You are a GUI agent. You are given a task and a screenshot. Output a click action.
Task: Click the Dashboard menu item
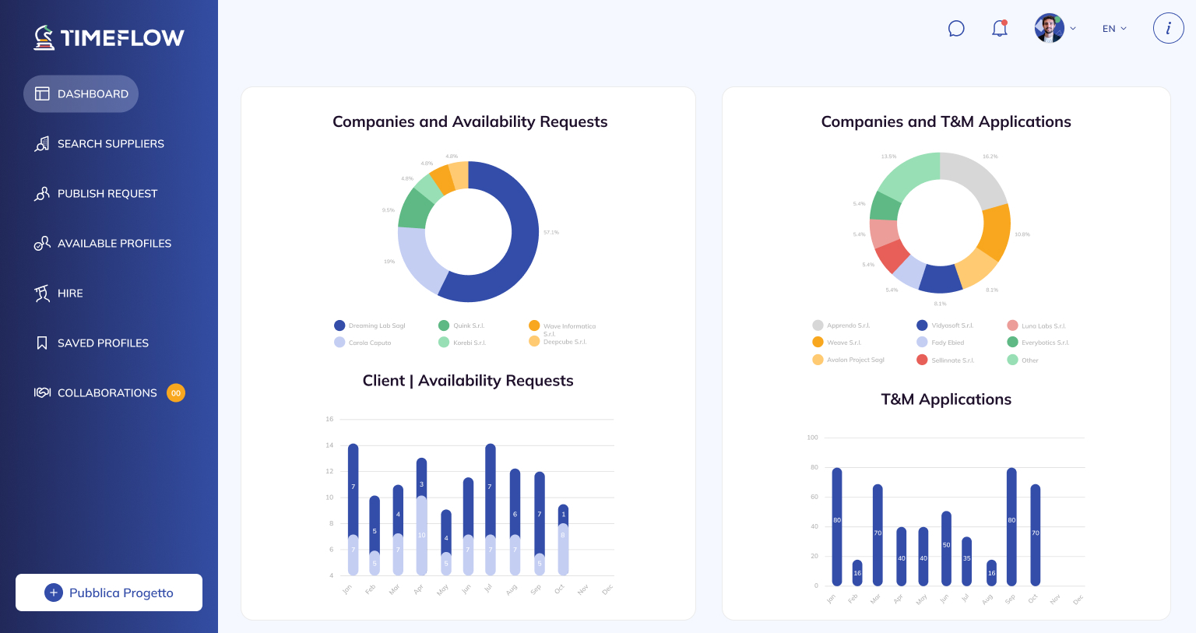coord(81,93)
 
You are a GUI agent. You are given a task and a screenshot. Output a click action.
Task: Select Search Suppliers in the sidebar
coord(110,144)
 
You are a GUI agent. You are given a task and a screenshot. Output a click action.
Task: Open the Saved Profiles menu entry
coord(102,343)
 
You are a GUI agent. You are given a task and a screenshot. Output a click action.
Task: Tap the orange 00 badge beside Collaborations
coord(176,393)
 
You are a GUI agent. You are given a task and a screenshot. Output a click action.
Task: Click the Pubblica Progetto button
coord(109,593)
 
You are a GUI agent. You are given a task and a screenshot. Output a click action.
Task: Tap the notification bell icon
coord(1000,29)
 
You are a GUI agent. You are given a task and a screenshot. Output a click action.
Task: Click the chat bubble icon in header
coord(956,29)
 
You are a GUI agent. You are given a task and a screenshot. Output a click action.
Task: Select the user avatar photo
coord(1049,29)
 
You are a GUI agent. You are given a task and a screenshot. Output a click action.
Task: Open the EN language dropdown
coord(1114,29)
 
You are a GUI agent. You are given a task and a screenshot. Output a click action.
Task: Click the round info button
coord(1168,29)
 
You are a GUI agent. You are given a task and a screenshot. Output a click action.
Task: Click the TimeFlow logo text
coord(121,37)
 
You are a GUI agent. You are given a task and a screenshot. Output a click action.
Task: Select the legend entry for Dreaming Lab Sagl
coord(370,325)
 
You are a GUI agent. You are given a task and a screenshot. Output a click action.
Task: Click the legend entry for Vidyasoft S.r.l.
coord(945,325)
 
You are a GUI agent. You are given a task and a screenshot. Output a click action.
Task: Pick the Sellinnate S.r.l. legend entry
coord(945,360)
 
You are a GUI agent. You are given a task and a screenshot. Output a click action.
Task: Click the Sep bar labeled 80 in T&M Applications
coord(1011,526)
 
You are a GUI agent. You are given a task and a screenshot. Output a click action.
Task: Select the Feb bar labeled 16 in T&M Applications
coord(857,573)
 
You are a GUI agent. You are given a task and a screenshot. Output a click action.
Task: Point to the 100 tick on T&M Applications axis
coord(812,438)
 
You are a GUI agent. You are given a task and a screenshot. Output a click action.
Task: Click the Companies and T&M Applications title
coord(946,121)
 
